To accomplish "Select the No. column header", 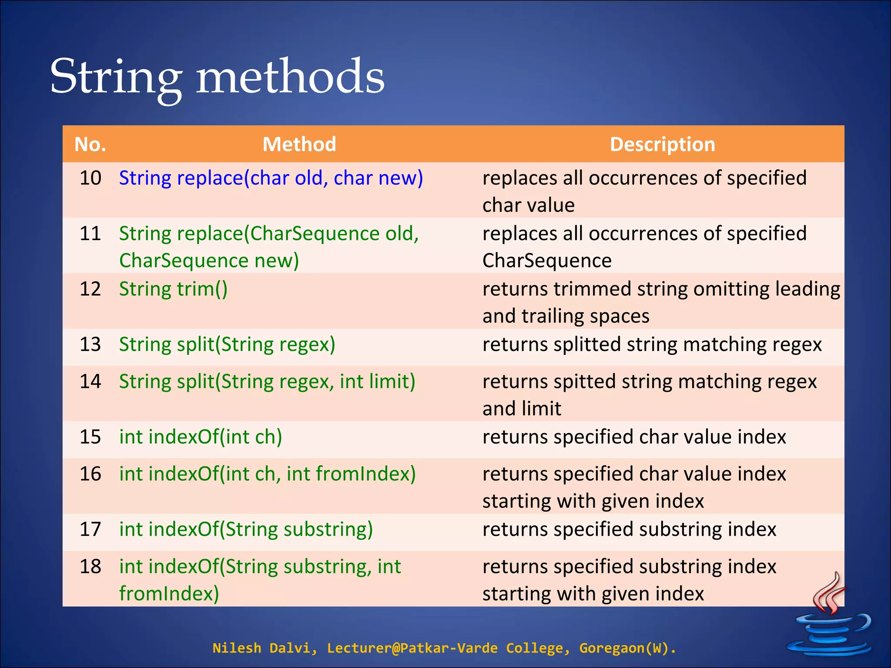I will [90, 144].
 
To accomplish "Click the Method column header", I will [299, 144].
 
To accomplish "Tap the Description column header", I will [662, 144].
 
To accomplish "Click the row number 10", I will [90, 178].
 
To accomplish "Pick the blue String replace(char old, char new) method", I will [271, 178].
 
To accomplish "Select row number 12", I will [90, 289].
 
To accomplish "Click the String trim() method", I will [173, 289].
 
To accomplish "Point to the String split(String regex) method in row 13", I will [227, 344].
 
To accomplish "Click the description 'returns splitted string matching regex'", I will [652, 344].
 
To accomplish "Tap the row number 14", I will [90, 381].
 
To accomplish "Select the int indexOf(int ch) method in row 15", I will [201, 437].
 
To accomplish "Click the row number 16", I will [90, 474].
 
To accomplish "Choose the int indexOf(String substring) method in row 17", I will [246, 530].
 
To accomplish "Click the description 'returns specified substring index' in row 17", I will [629, 530].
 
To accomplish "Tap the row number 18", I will [90, 567].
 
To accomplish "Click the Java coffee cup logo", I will [829, 618].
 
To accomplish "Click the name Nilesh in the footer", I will [236, 648].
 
